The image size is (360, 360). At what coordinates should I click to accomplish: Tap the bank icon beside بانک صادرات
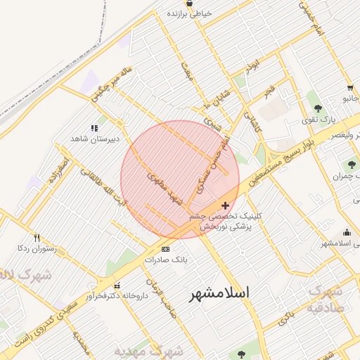(165, 249)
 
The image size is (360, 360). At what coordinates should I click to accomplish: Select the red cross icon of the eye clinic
(224, 205)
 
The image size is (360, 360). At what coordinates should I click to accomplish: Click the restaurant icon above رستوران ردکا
(37, 238)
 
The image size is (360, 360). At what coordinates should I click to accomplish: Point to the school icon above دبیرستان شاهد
(93, 128)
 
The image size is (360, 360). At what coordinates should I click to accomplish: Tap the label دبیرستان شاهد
(88, 139)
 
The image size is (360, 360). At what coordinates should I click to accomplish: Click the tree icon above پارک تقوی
(319, 108)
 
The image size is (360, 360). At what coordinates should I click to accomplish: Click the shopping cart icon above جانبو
(349, 88)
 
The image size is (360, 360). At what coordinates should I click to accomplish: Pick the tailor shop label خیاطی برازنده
(194, 13)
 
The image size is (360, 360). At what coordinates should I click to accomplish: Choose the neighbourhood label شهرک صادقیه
(326, 297)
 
